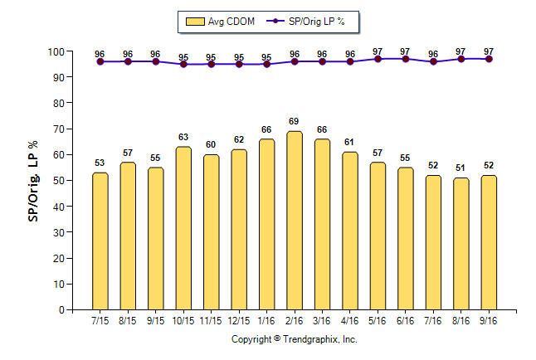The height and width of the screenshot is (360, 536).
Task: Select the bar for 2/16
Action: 295,220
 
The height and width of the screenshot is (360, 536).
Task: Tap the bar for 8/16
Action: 461,243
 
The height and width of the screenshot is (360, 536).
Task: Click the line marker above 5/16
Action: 378,59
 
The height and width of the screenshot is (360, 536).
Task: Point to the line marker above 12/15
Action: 239,64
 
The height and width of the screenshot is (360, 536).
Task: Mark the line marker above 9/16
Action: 489,59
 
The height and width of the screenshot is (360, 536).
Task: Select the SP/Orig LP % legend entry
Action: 314,22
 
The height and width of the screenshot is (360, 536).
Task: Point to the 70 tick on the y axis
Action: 58,129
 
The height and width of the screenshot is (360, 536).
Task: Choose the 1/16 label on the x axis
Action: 266,320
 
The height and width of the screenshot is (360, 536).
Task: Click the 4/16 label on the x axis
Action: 350,320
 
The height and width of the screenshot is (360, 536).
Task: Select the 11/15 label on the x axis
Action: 211,320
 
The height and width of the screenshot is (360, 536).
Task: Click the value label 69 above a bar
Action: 295,122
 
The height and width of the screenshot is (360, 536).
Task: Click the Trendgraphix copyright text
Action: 294,338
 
